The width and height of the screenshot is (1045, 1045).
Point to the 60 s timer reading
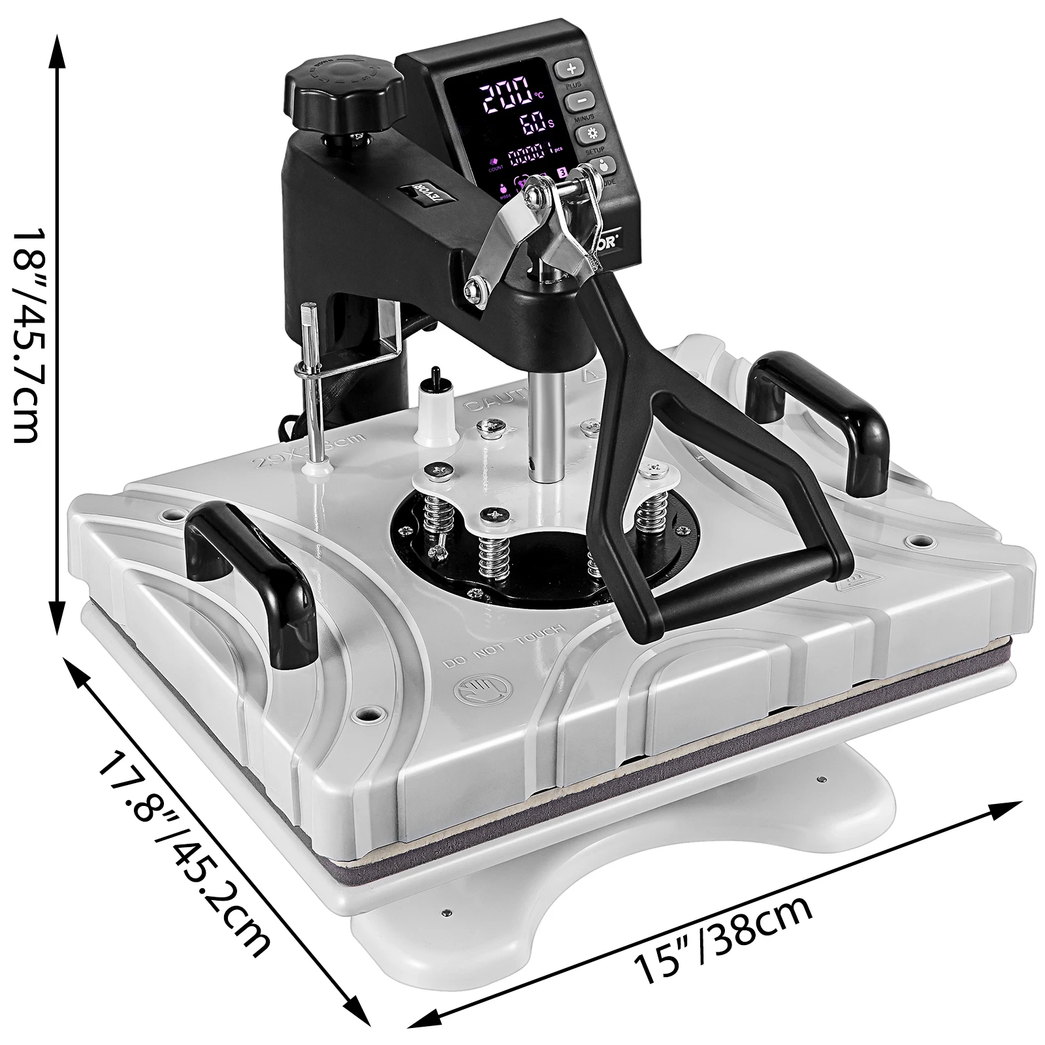530,123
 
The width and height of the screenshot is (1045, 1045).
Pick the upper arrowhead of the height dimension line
57,49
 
